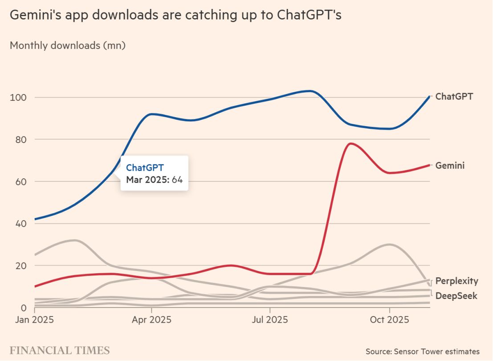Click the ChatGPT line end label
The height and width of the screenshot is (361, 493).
[x=454, y=96]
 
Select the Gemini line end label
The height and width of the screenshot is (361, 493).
[x=450, y=165]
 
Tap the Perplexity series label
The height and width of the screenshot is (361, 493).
[x=456, y=281]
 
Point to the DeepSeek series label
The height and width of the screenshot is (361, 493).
[x=456, y=295]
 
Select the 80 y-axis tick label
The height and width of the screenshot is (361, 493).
[x=20, y=139]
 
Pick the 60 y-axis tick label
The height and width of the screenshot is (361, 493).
[x=20, y=181]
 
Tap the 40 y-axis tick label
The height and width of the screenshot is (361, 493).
[x=20, y=223]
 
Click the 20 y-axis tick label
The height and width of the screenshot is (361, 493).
[x=20, y=266]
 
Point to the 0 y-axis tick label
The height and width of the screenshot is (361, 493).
[x=22, y=308]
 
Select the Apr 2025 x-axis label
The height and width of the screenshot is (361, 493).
[x=151, y=320]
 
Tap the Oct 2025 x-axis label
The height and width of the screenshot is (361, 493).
[x=390, y=320]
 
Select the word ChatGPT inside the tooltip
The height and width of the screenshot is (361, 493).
[x=145, y=168]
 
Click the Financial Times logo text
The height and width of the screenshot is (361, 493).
[x=60, y=350]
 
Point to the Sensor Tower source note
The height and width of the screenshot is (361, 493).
[x=423, y=352]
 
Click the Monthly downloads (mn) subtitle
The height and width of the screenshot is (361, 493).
[x=67, y=45]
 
